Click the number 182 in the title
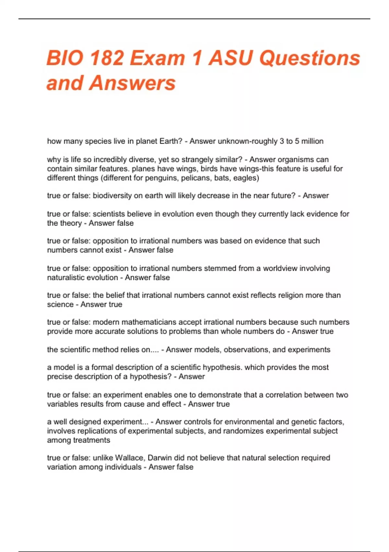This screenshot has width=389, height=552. pyautogui.click(x=107, y=58)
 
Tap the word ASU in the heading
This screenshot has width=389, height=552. pyautogui.click(x=231, y=58)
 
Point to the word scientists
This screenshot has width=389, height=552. pyautogui.click(x=109, y=214)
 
